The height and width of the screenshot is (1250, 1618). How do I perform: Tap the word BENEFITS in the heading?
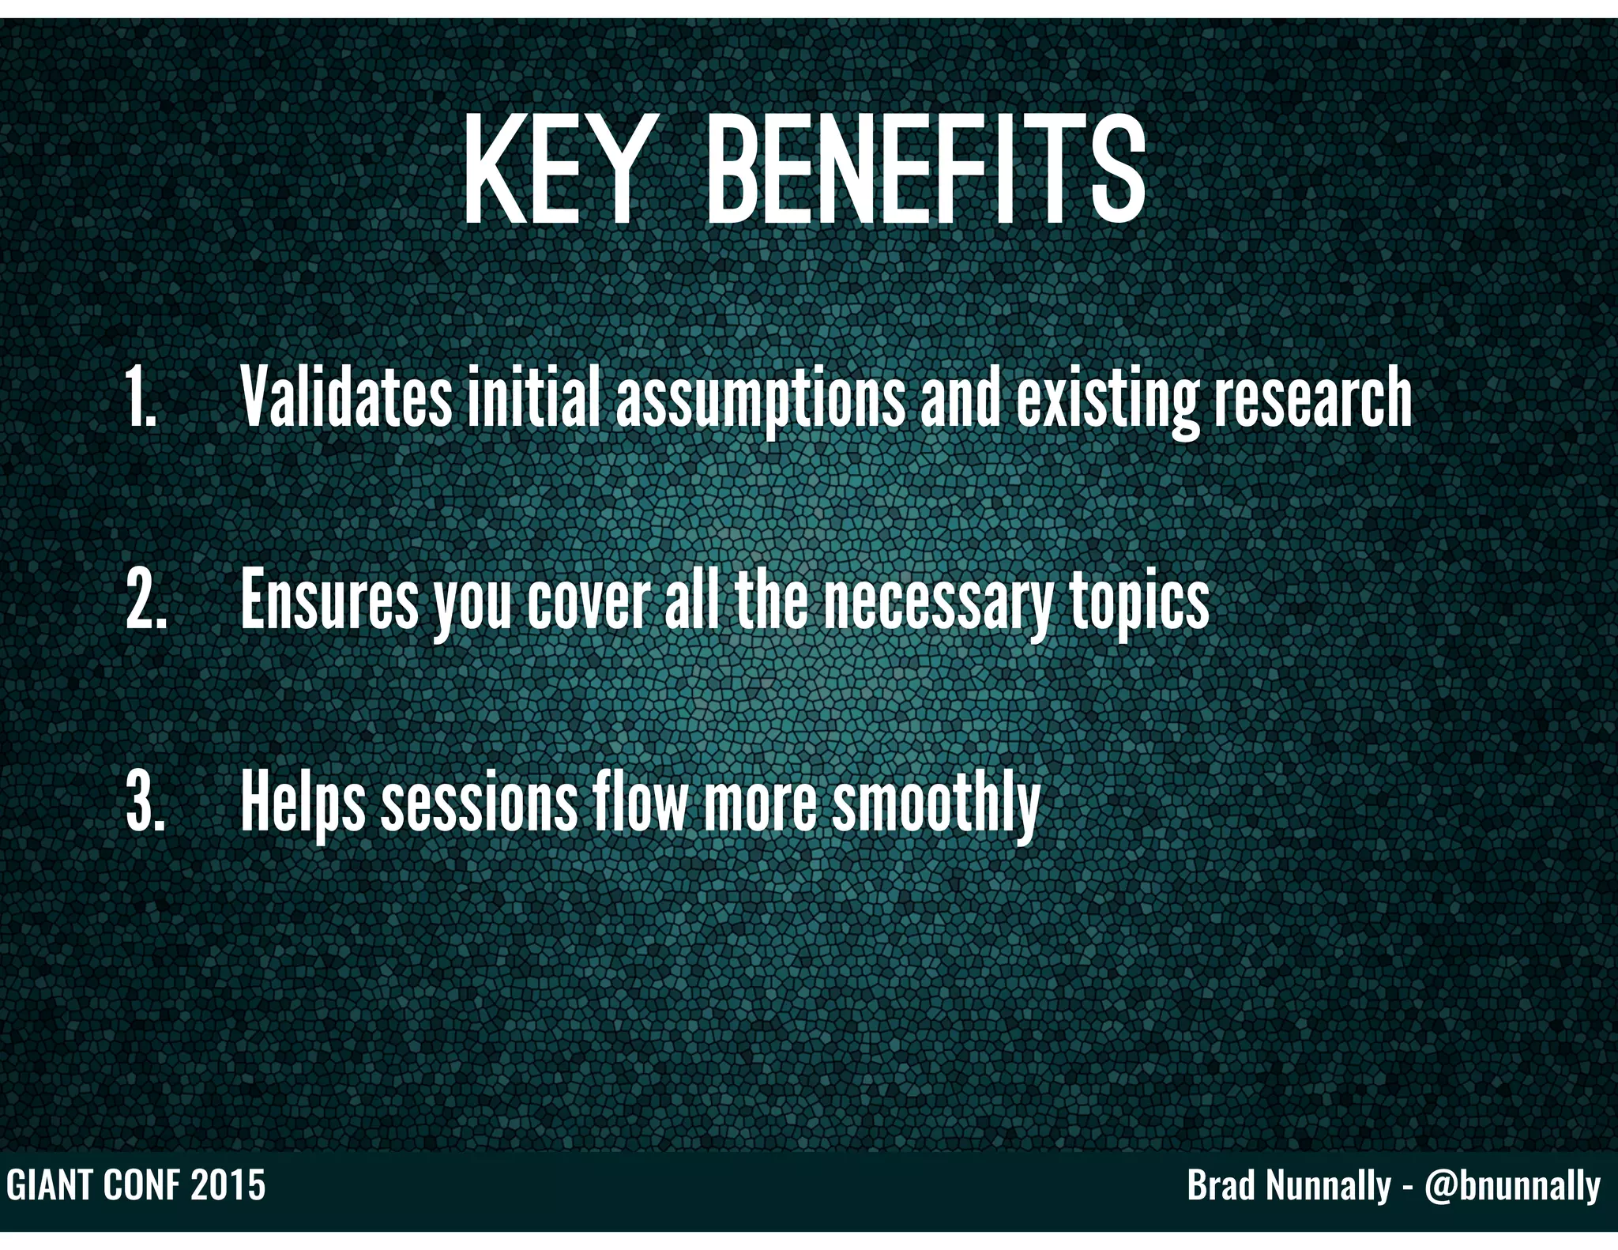tap(924, 171)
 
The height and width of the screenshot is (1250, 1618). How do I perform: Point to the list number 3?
tap(146, 802)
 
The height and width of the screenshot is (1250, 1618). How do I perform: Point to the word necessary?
tap(935, 600)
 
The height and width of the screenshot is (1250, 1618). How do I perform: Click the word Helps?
tap(302, 802)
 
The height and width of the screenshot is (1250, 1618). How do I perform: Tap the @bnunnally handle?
tap(1512, 1186)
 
